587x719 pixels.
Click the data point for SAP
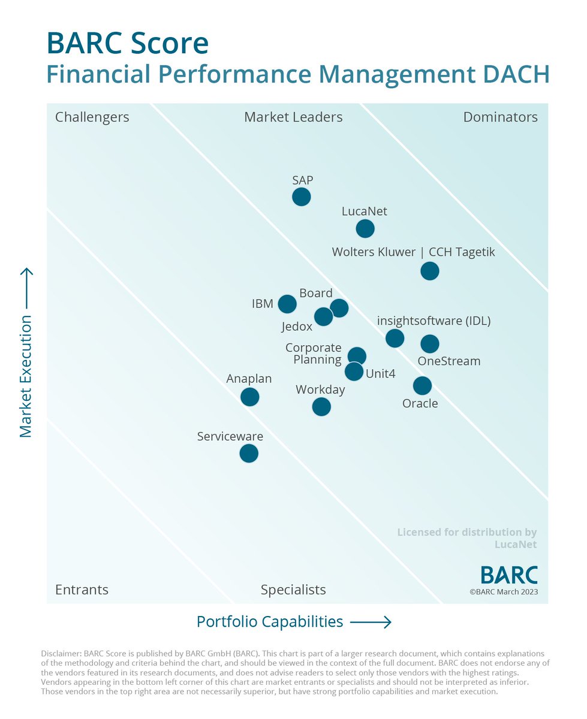301,197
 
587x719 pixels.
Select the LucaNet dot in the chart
365,228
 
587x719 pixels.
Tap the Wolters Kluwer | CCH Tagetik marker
429,271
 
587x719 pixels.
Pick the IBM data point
287,304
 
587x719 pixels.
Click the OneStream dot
429,343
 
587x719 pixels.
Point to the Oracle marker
422,385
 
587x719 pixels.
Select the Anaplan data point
249,397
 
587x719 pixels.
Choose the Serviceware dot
249,453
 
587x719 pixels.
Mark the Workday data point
321,407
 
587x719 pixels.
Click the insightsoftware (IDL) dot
395,338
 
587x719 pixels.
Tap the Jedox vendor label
297,327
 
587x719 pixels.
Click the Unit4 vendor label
381,374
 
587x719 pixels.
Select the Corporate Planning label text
314,354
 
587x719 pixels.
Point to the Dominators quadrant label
500,117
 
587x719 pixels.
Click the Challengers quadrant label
92,117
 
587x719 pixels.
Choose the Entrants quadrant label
82,590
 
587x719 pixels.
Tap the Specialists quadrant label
293,590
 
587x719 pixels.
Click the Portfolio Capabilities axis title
270,622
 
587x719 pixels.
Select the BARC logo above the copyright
509,575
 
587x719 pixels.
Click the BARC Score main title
128,44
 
